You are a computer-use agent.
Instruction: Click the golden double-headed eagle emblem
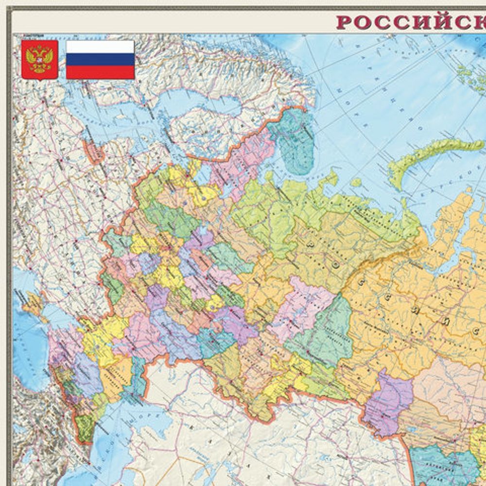click(x=39, y=59)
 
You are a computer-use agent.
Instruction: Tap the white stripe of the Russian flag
click(x=100, y=47)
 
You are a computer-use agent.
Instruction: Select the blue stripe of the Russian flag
click(x=100, y=59)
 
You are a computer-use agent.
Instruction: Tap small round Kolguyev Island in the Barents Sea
click(x=356, y=183)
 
